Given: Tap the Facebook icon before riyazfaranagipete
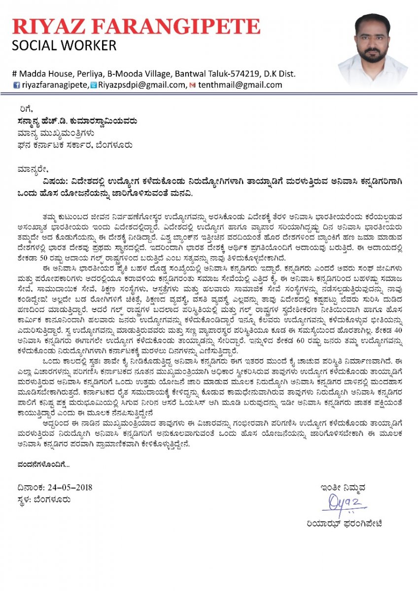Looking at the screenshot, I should [x=16, y=85].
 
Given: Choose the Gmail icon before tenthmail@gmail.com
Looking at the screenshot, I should [x=193, y=85].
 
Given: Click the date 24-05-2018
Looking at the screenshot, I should [x=70, y=488].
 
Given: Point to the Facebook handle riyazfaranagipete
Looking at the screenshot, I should [x=55, y=85].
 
